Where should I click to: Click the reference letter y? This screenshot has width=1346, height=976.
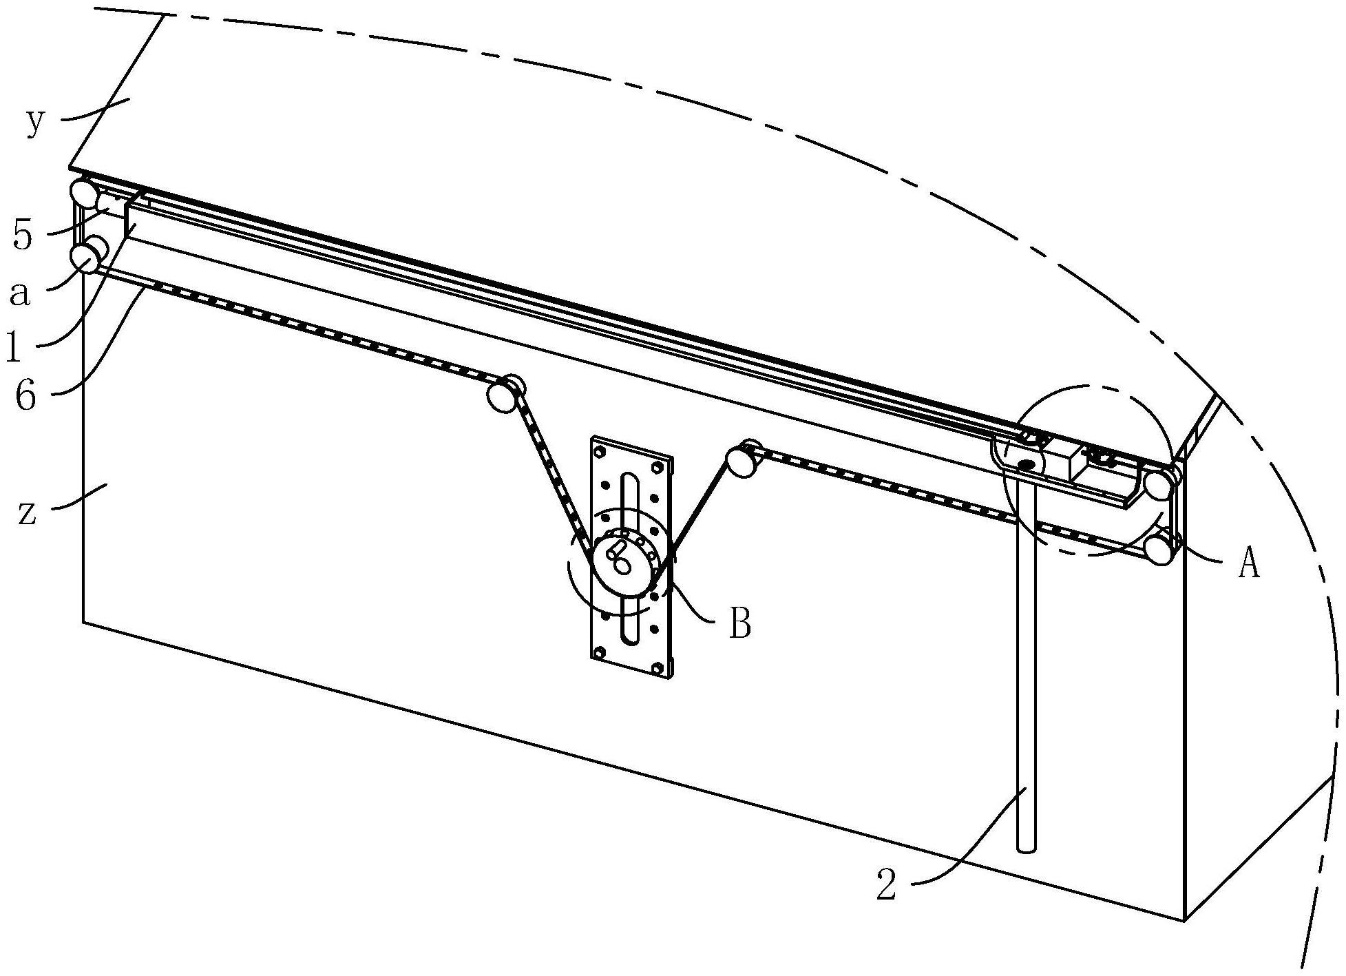[36, 122]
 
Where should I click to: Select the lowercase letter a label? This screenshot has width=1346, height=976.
[21, 294]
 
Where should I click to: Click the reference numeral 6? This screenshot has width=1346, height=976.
[25, 397]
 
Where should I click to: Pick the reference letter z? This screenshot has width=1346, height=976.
[27, 513]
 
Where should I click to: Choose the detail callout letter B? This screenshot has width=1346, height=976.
[739, 624]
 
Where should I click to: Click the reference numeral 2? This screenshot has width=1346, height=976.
[887, 884]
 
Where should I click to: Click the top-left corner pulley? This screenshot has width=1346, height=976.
[83, 191]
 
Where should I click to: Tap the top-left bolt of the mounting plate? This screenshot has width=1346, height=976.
[599, 452]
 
